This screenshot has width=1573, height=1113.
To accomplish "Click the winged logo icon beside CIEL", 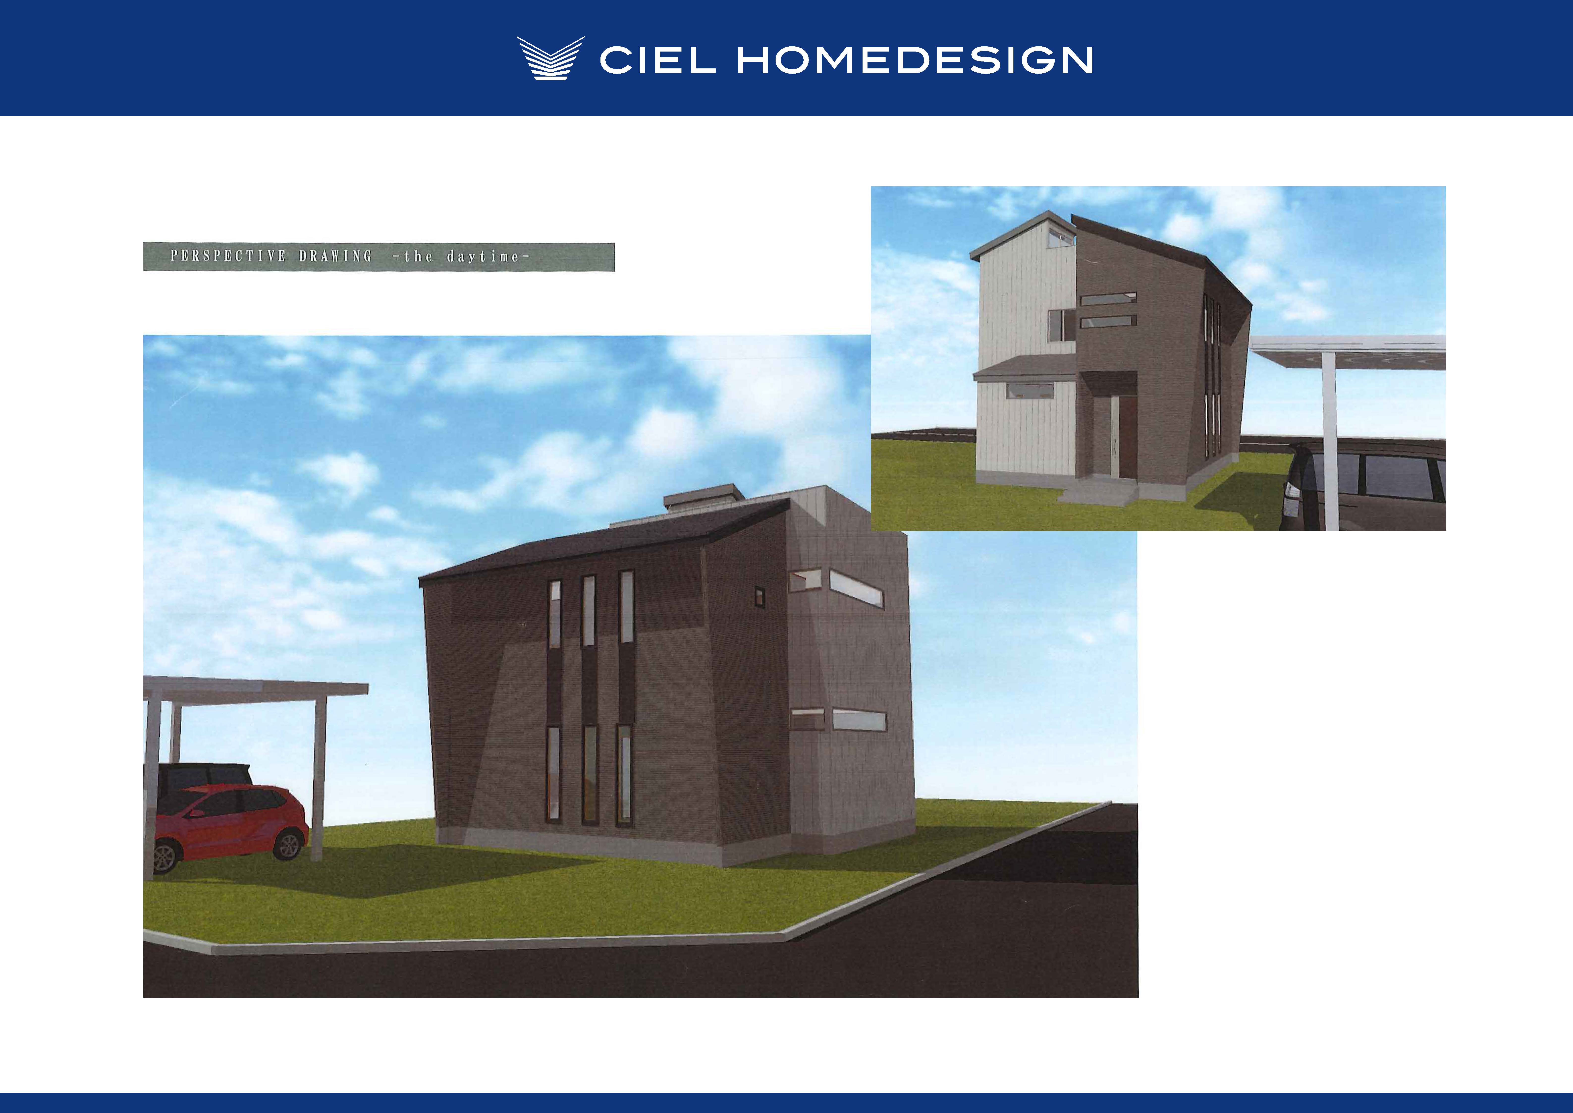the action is pos(550,58).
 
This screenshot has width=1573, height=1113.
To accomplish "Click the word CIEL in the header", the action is pos(658,60).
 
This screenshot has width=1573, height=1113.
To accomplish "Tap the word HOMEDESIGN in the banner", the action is pos(915,60).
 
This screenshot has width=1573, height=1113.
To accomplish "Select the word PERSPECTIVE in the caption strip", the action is pos(228,256).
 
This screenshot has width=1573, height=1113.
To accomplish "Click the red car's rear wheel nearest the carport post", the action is pos(288,844).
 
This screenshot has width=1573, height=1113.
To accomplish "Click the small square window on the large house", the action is pos(759,596).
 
